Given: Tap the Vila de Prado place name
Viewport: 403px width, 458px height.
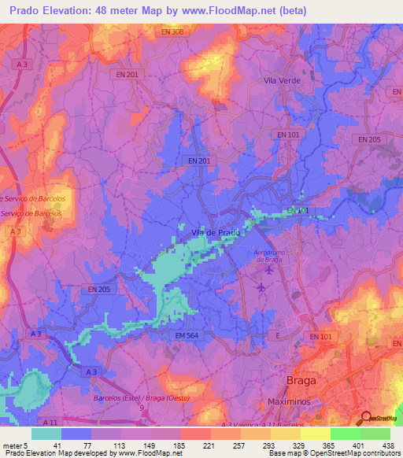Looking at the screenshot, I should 215,232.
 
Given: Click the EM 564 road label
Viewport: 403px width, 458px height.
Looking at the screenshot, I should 183,336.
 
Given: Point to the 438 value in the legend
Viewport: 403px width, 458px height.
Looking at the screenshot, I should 389,445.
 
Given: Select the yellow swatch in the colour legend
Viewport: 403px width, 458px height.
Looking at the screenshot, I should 315,434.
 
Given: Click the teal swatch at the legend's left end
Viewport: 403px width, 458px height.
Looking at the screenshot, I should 46,434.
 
